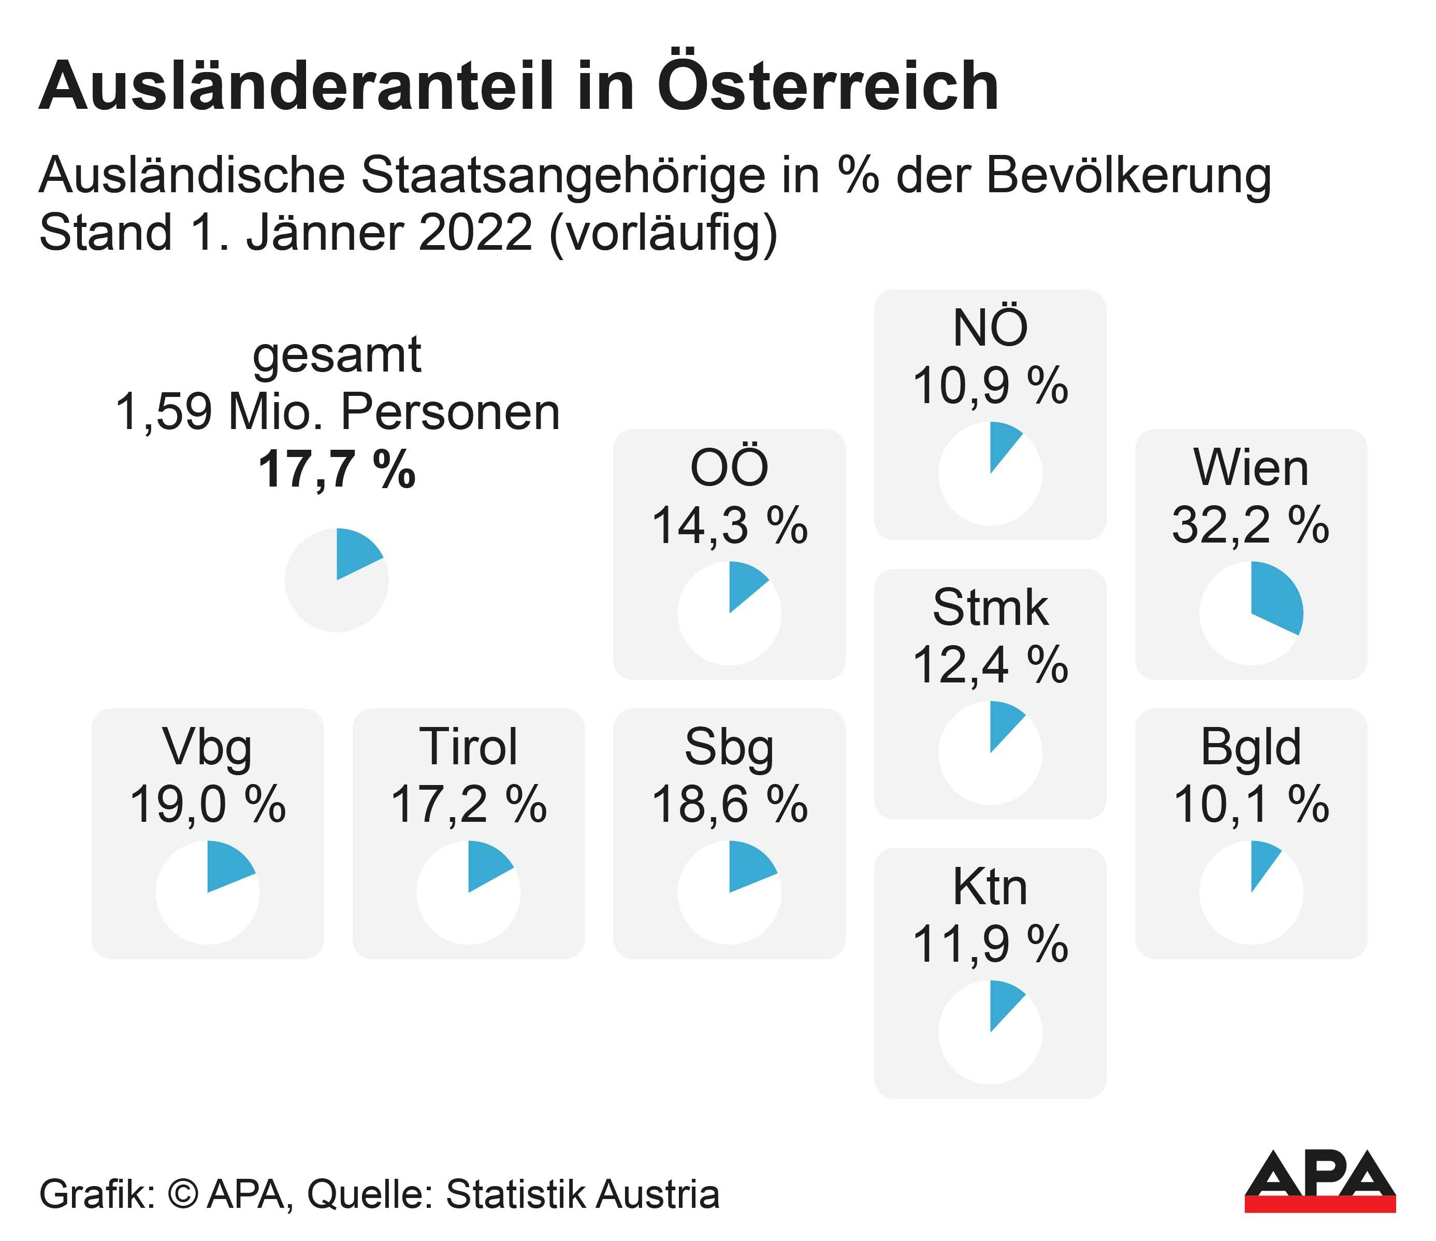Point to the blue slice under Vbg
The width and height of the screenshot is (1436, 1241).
pos(227,866)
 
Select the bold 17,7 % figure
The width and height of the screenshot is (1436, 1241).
pos(337,470)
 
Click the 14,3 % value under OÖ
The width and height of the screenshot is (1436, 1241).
pos(729,525)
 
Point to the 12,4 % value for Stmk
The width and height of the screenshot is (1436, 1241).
pos(990,665)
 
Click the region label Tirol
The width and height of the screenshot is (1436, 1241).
pos(469,747)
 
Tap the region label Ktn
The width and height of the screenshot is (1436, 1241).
pos(990,888)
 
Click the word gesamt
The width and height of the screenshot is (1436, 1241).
pos(337,355)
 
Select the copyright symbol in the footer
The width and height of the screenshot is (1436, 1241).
pos(183,1194)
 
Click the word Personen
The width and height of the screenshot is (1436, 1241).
pos(450,413)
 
